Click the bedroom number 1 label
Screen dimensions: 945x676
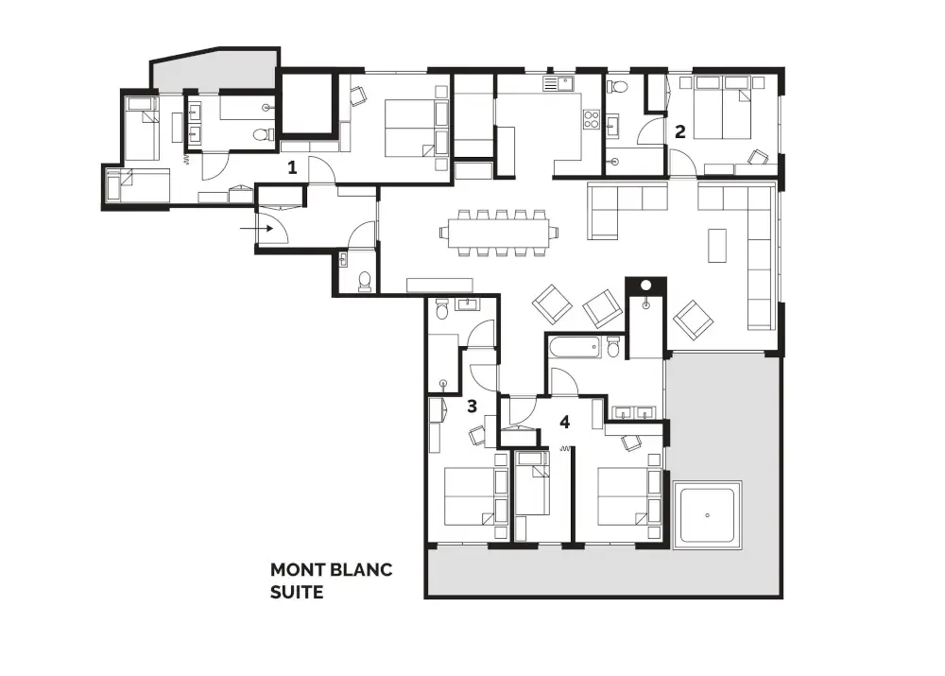pyautogui.click(x=292, y=167)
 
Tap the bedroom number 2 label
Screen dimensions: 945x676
pyautogui.click(x=680, y=131)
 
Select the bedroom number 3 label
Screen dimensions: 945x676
pyautogui.click(x=472, y=407)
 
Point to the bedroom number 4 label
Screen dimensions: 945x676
pyautogui.click(x=565, y=422)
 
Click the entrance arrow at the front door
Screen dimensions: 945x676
pyautogui.click(x=257, y=229)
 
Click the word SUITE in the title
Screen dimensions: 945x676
pyautogui.click(x=297, y=592)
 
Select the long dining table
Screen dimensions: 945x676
pyautogui.click(x=499, y=233)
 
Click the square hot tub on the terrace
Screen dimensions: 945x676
pyautogui.click(x=707, y=514)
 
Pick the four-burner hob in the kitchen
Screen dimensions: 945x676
pyautogui.click(x=591, y=119)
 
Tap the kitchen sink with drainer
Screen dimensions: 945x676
pyautogui.click(x=558, y=83)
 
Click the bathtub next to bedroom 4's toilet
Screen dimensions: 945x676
pyautogui.click(x=575, y=348)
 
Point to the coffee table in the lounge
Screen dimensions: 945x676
pyautogui.click(x=717, y=245)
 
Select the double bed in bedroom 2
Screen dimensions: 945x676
pyautogui.click(x=722, y=108)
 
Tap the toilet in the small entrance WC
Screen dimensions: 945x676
pyautogui.click(x=364, y=281)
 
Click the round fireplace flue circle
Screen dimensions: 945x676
pyautogui.click(x=646, y=286)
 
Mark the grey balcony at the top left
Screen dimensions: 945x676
pyautogui.click(x=215, y=70)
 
